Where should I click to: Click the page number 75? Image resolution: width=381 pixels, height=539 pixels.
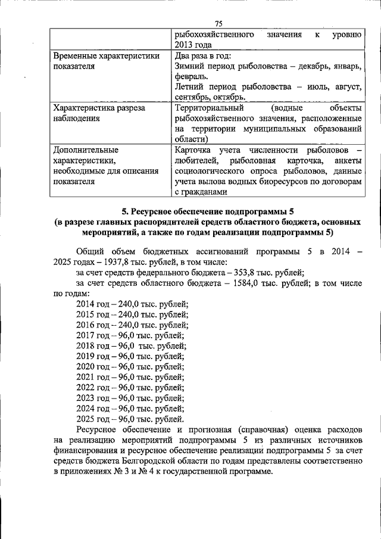pos(218,23)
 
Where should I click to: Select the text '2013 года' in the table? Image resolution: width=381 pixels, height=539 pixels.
pos(192,44)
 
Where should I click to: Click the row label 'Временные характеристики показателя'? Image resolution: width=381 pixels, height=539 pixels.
pos(106,61)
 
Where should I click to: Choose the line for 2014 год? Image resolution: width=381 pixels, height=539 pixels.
pos(132,304)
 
